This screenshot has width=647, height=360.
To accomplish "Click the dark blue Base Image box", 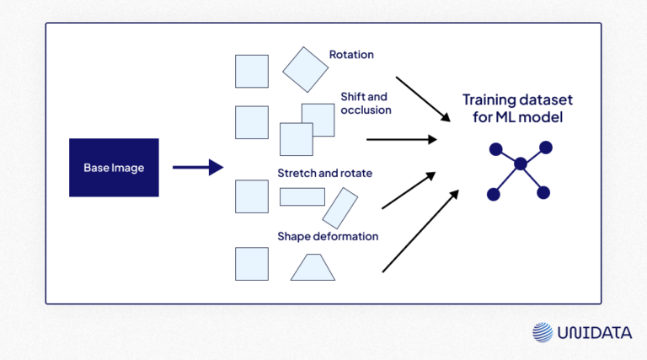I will click(114, 168).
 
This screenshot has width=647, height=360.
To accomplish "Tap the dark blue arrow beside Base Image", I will click(198, 168).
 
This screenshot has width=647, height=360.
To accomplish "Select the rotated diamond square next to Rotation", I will click(305, 69).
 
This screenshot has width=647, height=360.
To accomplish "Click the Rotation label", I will click(351, 55).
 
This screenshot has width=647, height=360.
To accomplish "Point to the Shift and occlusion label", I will click(366, 102).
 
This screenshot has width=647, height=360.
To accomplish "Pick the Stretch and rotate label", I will click(325, 174).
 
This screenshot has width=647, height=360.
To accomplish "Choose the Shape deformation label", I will click(328, 236).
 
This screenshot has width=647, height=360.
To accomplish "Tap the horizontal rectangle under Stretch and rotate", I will click(302, 197).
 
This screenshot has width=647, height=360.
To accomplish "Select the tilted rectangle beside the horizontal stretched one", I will click(340, 207).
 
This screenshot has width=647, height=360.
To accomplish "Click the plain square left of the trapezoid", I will click(252, 264).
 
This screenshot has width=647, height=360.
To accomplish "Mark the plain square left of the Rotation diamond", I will click(252, 72).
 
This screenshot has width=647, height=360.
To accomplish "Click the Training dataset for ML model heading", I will click(512, 109).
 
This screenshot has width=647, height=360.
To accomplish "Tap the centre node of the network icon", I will click(520, 164).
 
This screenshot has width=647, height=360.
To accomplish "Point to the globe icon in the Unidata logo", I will click(542, 332).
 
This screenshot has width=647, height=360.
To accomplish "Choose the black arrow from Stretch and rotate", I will click(409, 191).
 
